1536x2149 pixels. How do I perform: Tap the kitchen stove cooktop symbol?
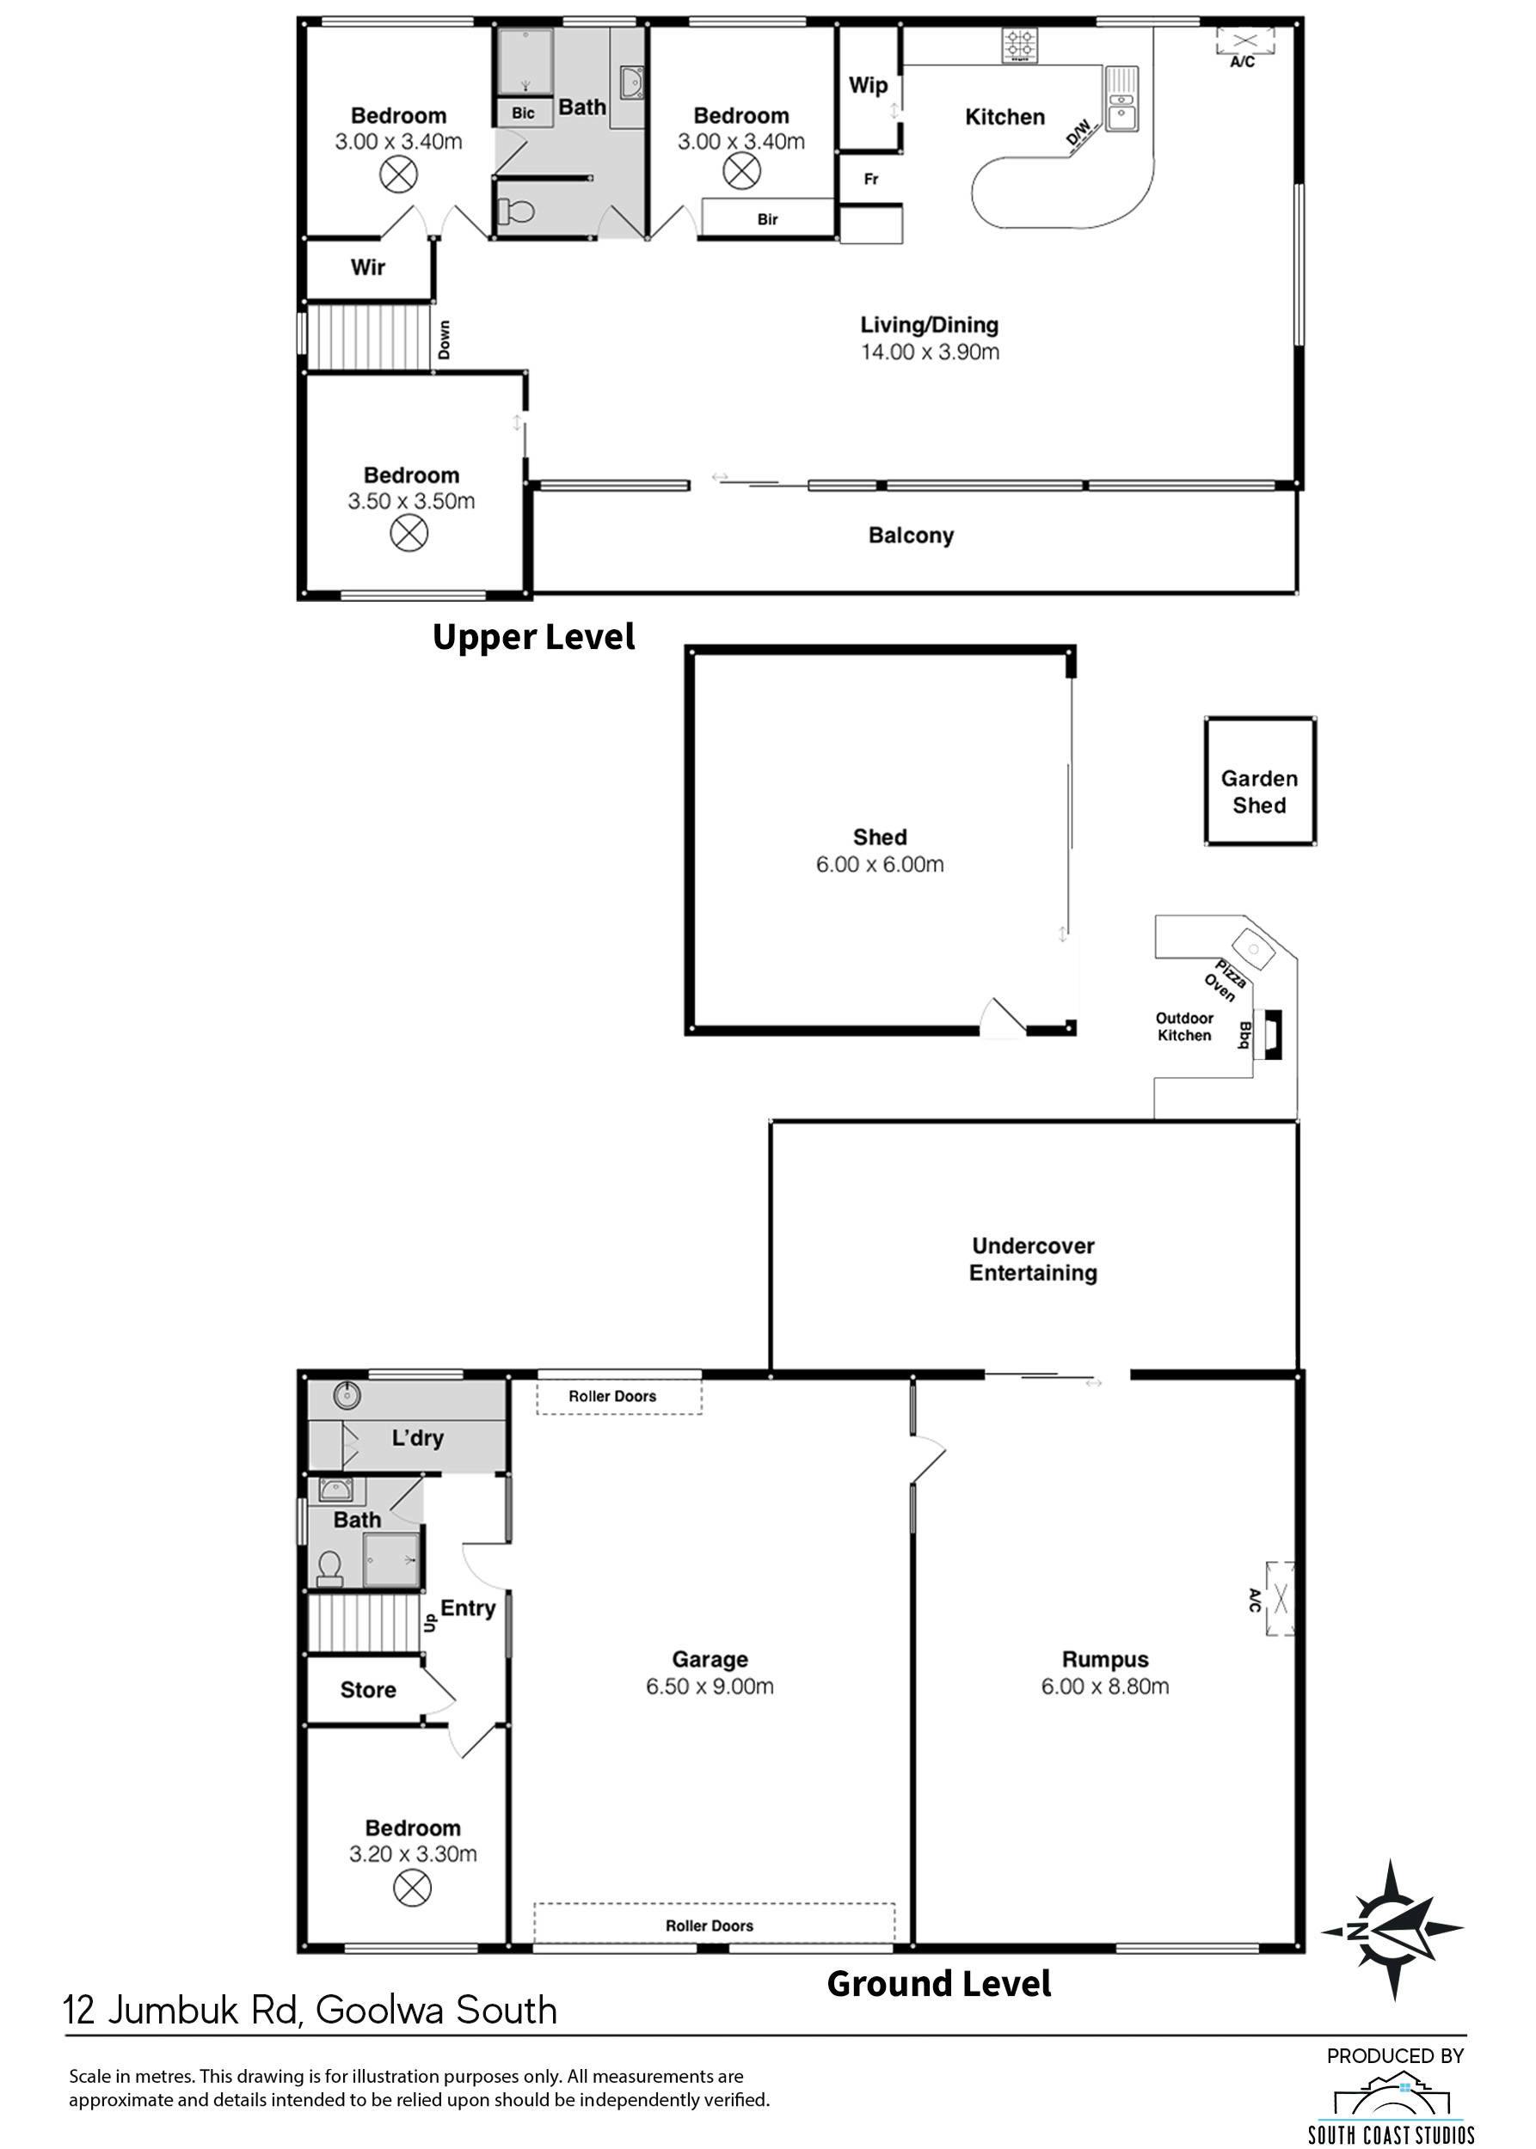(1020, 45)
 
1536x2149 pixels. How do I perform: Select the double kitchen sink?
(1121, 98)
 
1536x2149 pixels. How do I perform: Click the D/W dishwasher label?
(1078, 132)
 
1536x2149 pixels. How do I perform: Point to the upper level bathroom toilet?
(514, 210)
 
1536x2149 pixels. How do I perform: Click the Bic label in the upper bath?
(523, 113)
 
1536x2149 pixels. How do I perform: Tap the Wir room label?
(367, 267)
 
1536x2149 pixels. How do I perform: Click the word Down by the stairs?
(444, 340)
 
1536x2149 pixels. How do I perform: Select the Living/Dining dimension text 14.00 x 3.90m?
(930, 352)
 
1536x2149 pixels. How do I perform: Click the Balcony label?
(911, 536)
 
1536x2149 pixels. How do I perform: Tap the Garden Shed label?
(1259, 792)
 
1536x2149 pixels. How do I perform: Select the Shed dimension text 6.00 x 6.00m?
(880, 864)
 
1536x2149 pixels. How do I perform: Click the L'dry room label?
(417, 1438)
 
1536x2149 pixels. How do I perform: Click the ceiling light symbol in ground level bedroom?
(411, 1889)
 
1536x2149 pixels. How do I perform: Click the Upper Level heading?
(533, 637)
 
